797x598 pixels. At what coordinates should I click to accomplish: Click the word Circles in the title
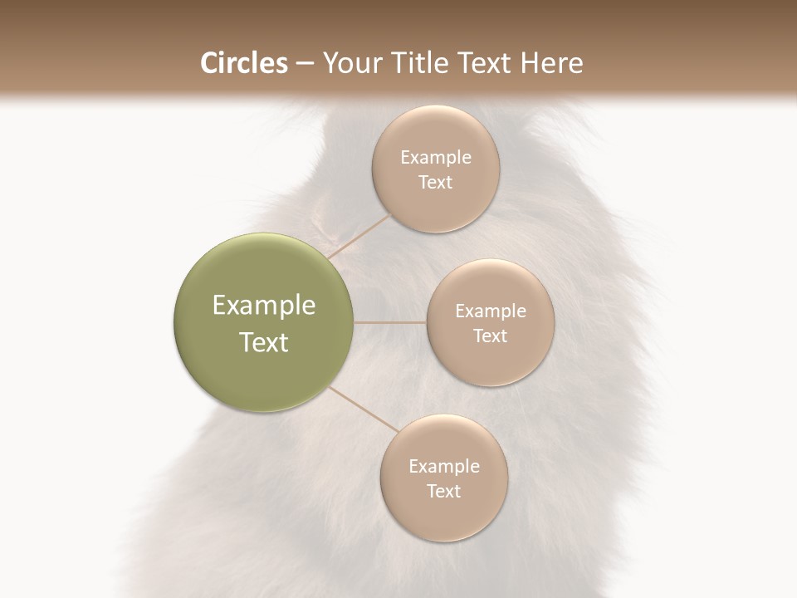(x=243, y=63)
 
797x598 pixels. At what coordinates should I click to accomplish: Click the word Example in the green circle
(x=264, y=306)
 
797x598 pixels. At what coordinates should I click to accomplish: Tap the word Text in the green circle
(x=264, y=342)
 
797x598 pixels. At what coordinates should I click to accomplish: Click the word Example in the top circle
(x=435, y=158)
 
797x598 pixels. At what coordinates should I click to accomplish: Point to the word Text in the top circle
(x=435, y=183)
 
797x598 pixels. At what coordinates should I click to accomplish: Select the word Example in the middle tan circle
(x=490, y=311)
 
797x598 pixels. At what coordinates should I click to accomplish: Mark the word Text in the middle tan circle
(x=490, y=336)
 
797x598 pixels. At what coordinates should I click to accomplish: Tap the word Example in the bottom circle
(x=443, y=467)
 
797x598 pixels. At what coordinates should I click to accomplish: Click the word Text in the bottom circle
(x=443, y=492)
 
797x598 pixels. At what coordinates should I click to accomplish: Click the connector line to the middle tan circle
(x=390, y=322)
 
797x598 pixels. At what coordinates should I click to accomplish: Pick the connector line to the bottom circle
(x=363, y=409)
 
